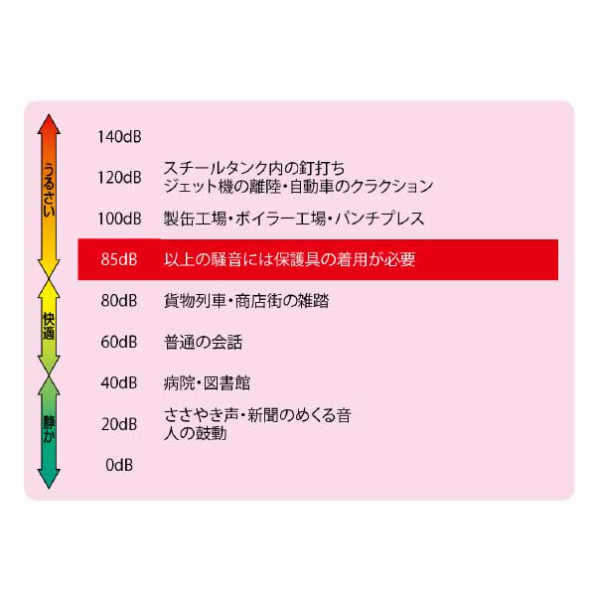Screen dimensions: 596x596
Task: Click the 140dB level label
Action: tap(119, 137)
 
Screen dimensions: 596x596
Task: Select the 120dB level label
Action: tap(119, 178)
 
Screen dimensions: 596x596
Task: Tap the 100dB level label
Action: tap(119, 219)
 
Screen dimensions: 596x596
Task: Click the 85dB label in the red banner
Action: tap(119, 259)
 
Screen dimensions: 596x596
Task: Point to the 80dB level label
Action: tap(119, 301)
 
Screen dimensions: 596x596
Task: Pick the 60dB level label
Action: tap(119, 342)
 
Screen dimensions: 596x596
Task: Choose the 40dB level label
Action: tap(119, 382)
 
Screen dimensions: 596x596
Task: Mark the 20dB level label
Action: tap(119, 424)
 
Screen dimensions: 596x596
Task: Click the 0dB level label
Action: tap(119, 465)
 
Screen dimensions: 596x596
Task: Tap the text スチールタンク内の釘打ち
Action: tap(254, 168)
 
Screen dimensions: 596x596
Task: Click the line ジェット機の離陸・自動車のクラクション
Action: tap(298, 187)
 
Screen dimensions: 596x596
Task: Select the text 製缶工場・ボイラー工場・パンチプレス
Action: tap(294, 219)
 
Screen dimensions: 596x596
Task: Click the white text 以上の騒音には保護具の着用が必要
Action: tap(290, 259)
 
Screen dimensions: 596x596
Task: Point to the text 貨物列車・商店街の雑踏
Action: tap(246, 301)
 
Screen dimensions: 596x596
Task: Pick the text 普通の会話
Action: tap(203, 342)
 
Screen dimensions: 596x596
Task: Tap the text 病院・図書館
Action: tap(207, 382)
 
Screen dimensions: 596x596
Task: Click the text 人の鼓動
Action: tap(195, 433)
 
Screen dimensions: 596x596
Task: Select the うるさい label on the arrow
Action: tap(49, 190)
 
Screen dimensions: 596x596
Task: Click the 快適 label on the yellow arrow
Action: tap(49, 326)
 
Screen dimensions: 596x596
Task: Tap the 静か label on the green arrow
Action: tap(49, 429)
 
